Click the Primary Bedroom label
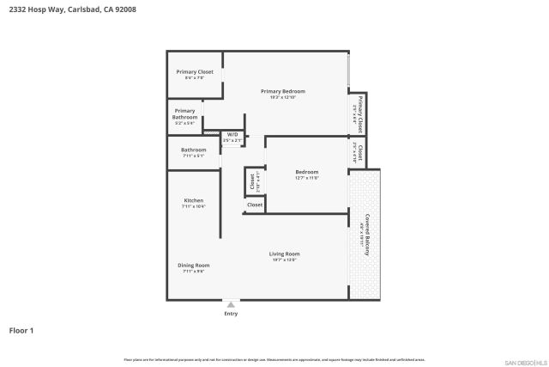click(283, 91)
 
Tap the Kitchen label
click(193, 200)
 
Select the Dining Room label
click(193, 266)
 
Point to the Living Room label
click(284, 254)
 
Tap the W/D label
click(232, 134)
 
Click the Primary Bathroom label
click(185, 113)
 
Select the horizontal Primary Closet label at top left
click(195, 71)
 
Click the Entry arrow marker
click(231, 304)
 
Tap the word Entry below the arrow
click(231, 314)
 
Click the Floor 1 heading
click(21, 330)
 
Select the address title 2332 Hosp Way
click(72, 9)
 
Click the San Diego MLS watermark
click(524, 362)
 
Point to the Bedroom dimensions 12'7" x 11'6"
click(306, 178)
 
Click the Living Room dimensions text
click(284, 260)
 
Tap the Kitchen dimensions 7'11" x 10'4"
click(193, 207)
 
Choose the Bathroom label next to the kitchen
click(193, 150)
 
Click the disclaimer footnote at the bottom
click(274, 359)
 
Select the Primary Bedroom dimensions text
click(283, 97)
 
